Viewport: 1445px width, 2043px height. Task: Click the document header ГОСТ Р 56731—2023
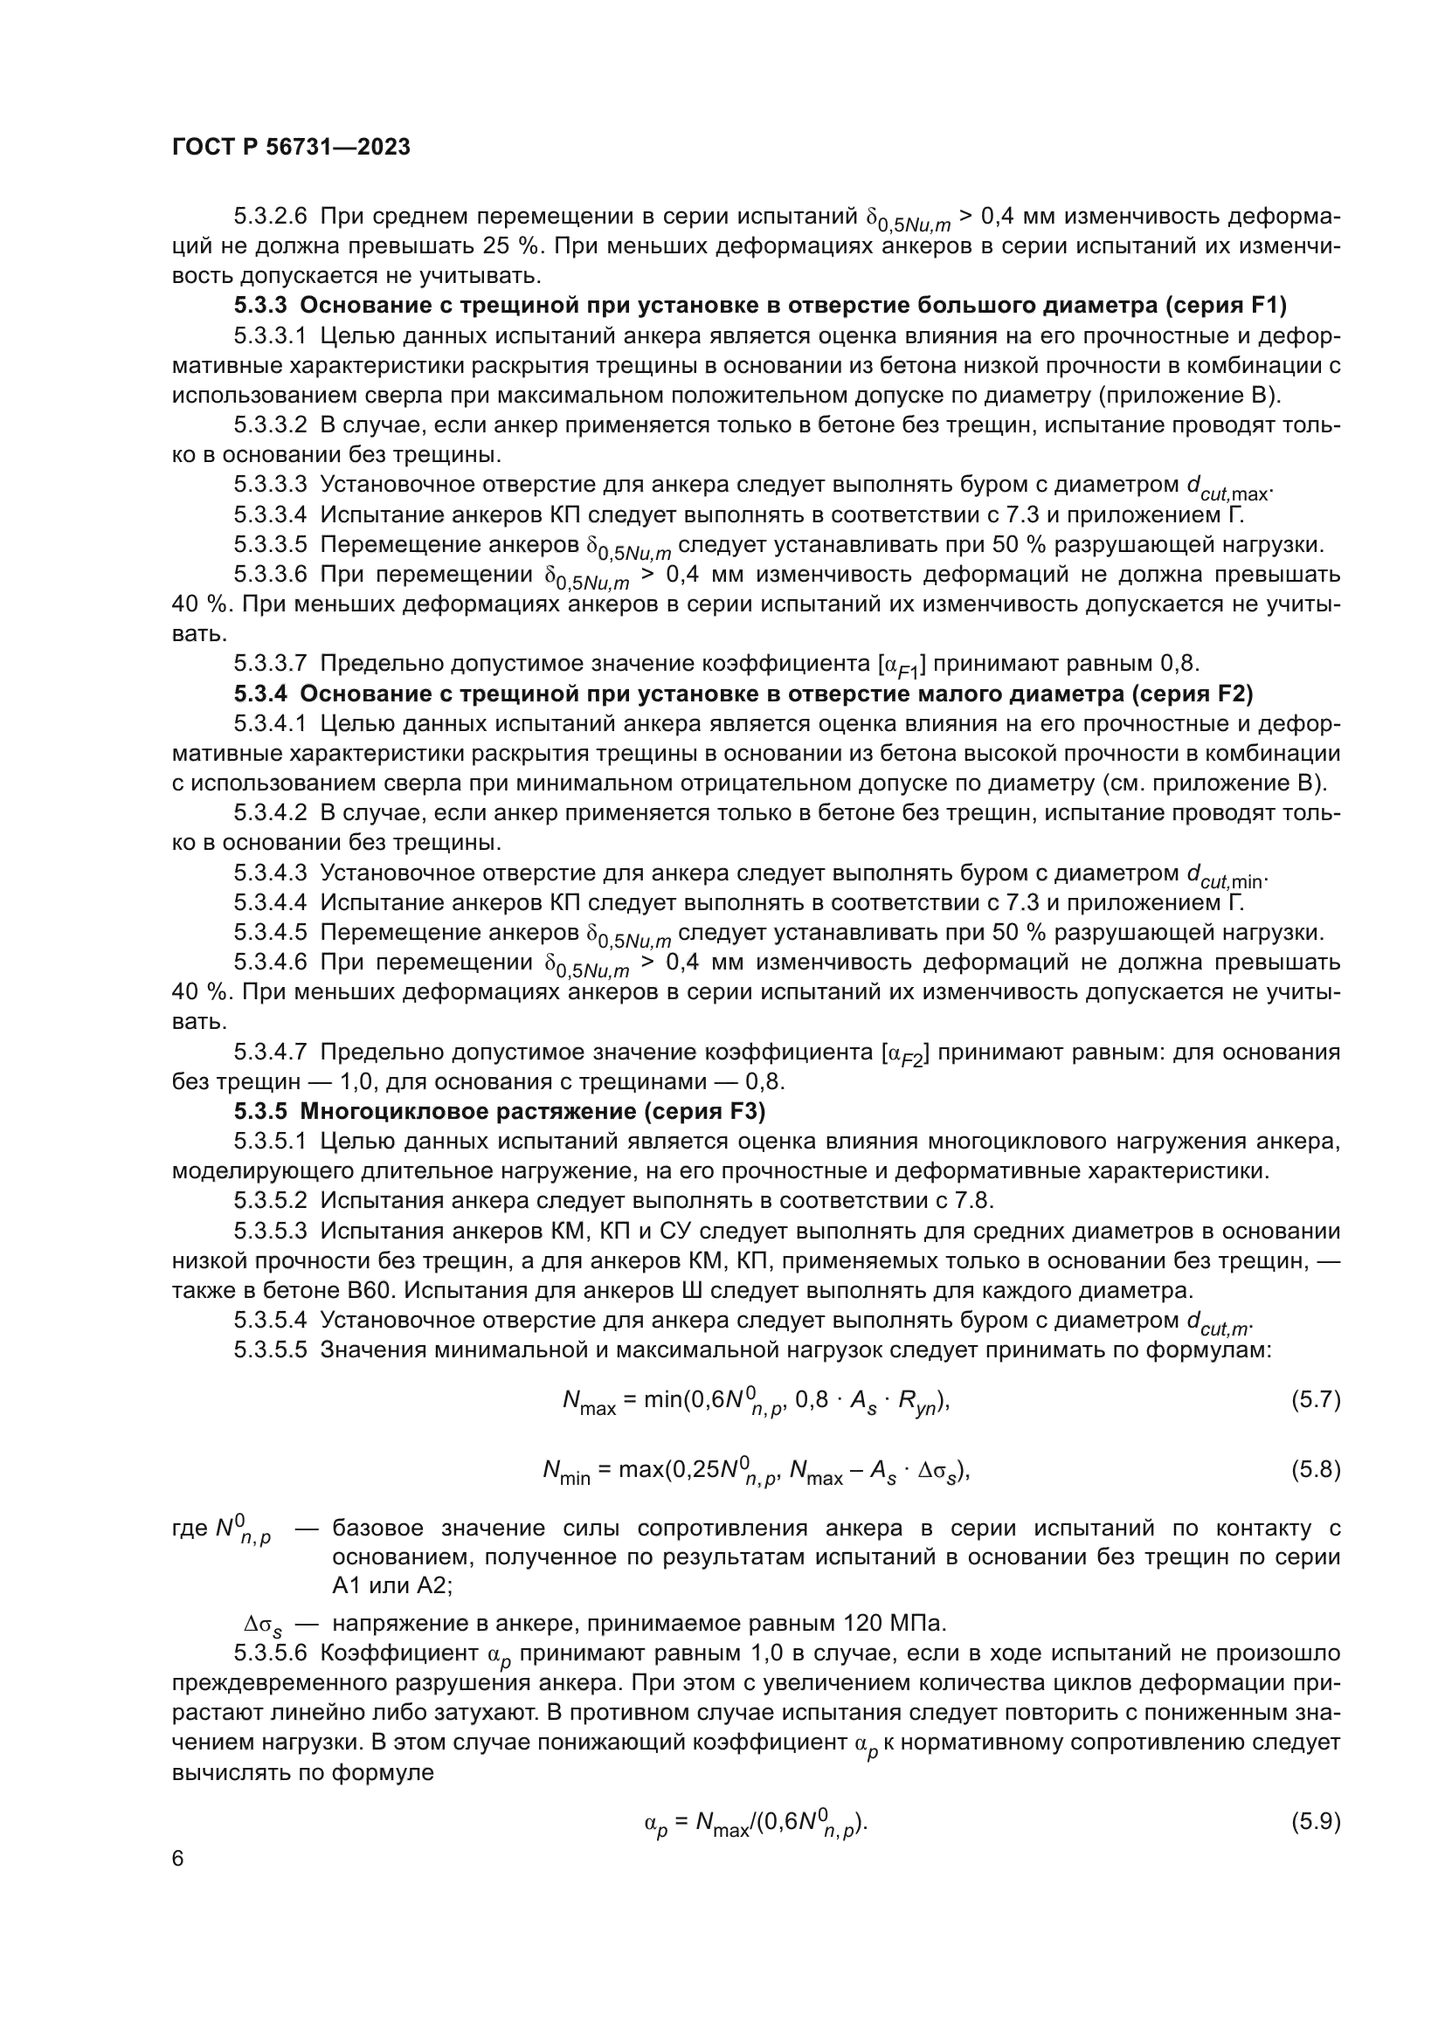[x=291, y=148]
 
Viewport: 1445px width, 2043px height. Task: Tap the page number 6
[x=178, y=1859]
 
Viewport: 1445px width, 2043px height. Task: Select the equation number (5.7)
[x=1315, y=1399]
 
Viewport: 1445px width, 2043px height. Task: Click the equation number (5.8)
[x=1315, y=1469]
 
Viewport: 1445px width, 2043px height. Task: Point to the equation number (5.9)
[x=1315, y=1821]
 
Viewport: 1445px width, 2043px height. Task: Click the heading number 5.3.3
[x=260, y=305]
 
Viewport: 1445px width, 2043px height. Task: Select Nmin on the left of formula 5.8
[x=566, y=1472]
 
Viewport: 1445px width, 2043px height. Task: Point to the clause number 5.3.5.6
[x=271, y=1653]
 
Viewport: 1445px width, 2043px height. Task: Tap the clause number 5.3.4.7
[x=271, y=1053]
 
